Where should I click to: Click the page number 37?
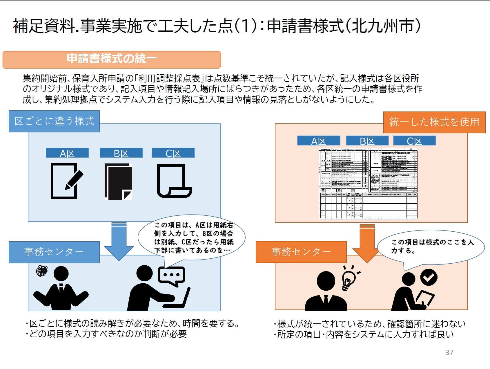tap(449, 352)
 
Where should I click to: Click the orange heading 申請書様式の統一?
tap(112, 59)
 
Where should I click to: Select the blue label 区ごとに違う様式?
tap(54, 121)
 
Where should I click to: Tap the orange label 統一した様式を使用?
tap(434, 122)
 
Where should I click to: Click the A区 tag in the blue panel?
tap(67, 153)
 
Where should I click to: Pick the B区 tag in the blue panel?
tap(121, 153)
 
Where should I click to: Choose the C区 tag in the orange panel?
tap(414, 141)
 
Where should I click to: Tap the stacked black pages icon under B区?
tap(118, 181)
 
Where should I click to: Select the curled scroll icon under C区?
tap(174, 181)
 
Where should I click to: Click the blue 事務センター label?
tap(54, 252)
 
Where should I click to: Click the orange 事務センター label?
tap(301, 252)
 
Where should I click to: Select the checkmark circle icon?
tap(429, 277)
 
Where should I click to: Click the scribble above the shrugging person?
tap(42, 271)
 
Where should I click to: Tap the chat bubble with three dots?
tap(171, 275)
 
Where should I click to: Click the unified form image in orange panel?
tap(368, 183)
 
